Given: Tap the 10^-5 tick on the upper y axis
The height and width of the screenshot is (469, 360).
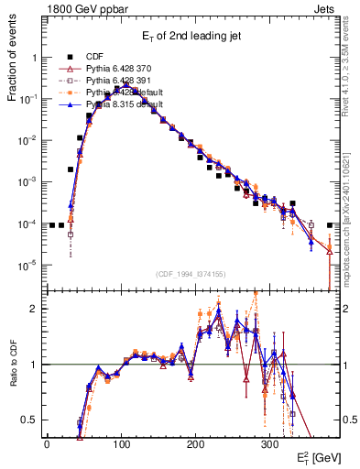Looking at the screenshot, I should click(27, 266).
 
